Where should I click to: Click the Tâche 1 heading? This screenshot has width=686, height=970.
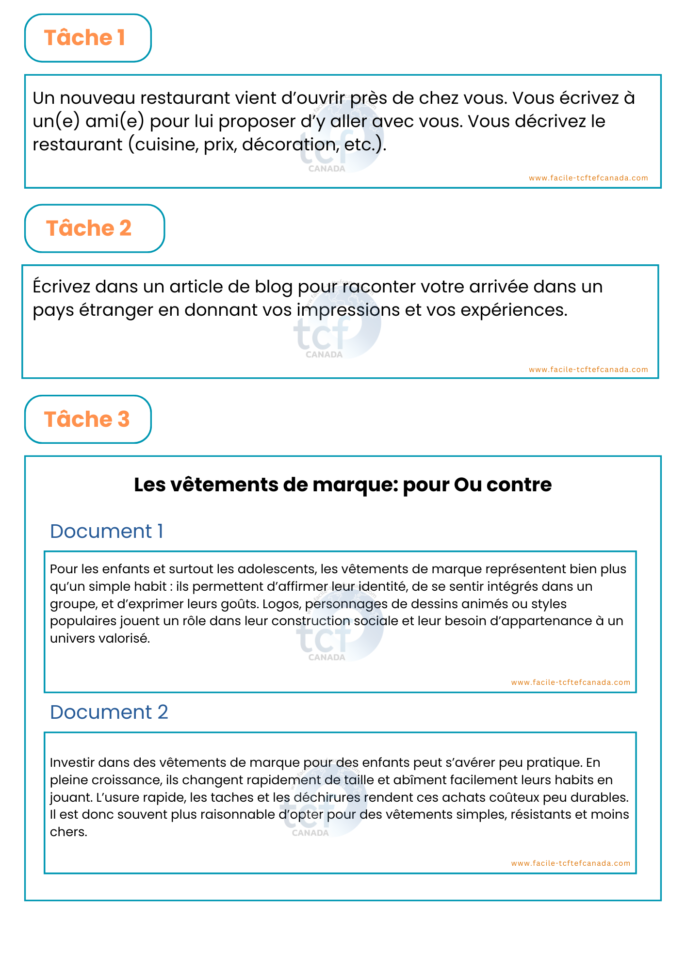click(x=85, y=38)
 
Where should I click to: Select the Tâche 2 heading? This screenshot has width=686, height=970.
click(x=89, y=228)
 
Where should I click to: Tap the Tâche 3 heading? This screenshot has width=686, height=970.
click(x=87, y=420)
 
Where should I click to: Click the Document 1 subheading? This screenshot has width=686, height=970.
click(x=106, y=532)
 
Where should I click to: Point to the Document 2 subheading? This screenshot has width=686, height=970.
click(x=109, y=712)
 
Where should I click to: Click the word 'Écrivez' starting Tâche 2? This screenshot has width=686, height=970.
click(x=61, y=287)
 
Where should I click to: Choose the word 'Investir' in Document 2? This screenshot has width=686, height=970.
click(x=71, y=762)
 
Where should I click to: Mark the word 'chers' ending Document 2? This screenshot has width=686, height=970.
click(x=68, y=832)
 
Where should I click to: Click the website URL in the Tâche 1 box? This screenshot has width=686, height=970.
click(x=588, y=178)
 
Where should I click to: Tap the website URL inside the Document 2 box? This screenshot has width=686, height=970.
click(x=571, y=863)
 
